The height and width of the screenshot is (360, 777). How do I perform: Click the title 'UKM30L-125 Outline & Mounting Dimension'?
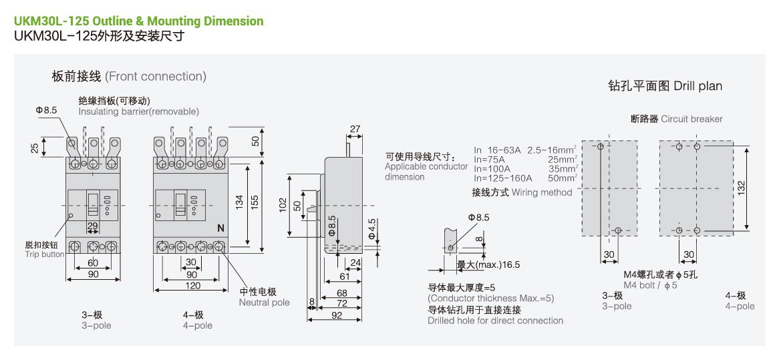click(x=139, y=21)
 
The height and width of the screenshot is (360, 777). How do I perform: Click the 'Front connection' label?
click(x=156, y=77)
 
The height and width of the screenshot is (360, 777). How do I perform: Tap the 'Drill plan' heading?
click(x=697, y=86)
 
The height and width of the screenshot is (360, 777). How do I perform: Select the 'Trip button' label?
click(x=45, y=254)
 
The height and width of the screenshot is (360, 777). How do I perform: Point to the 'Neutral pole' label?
click(x=265, y=303)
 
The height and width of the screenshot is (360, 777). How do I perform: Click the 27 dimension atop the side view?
click(x=355, y=129)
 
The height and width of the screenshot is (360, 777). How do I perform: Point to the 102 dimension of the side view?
click(x=283, y=206)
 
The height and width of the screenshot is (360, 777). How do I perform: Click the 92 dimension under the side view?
click(x=337, y=315)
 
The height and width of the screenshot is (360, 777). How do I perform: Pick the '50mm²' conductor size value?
click(x=562, y=178)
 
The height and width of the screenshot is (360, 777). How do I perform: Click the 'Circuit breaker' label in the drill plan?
click(x=691, y=119)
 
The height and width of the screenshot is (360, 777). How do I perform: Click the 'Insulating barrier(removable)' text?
click(x=138, y=112)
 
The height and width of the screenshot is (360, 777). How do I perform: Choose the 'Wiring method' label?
click(x=542, y=192)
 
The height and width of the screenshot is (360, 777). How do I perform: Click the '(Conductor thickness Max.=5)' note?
click(x=491, y=299)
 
